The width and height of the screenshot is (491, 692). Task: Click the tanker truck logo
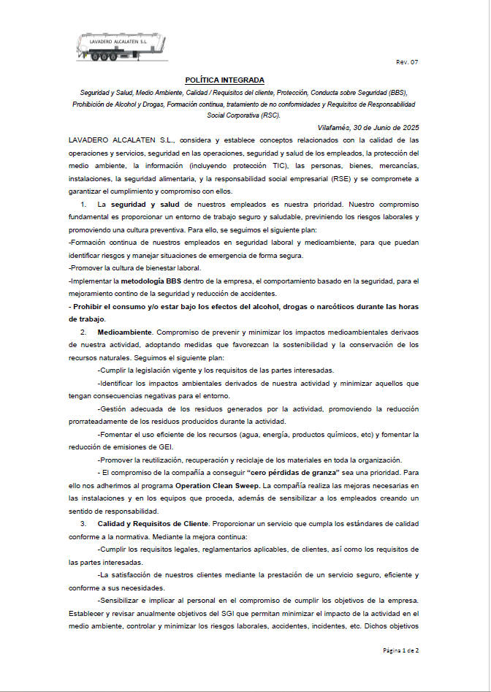pos(121,46)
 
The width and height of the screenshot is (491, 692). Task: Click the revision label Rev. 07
pos(407,63)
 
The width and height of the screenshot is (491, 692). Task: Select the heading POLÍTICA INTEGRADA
pos(224,80)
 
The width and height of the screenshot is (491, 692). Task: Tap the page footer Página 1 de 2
pos(401,650)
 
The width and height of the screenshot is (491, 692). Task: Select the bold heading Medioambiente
pos(125,332)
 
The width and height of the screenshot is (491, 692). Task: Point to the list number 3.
pos(83,524)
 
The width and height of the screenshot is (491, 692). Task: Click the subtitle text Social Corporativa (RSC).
pos(243,115)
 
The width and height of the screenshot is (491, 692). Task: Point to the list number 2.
pos(83,332)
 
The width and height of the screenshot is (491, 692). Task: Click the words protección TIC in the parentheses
pos(275,166)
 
